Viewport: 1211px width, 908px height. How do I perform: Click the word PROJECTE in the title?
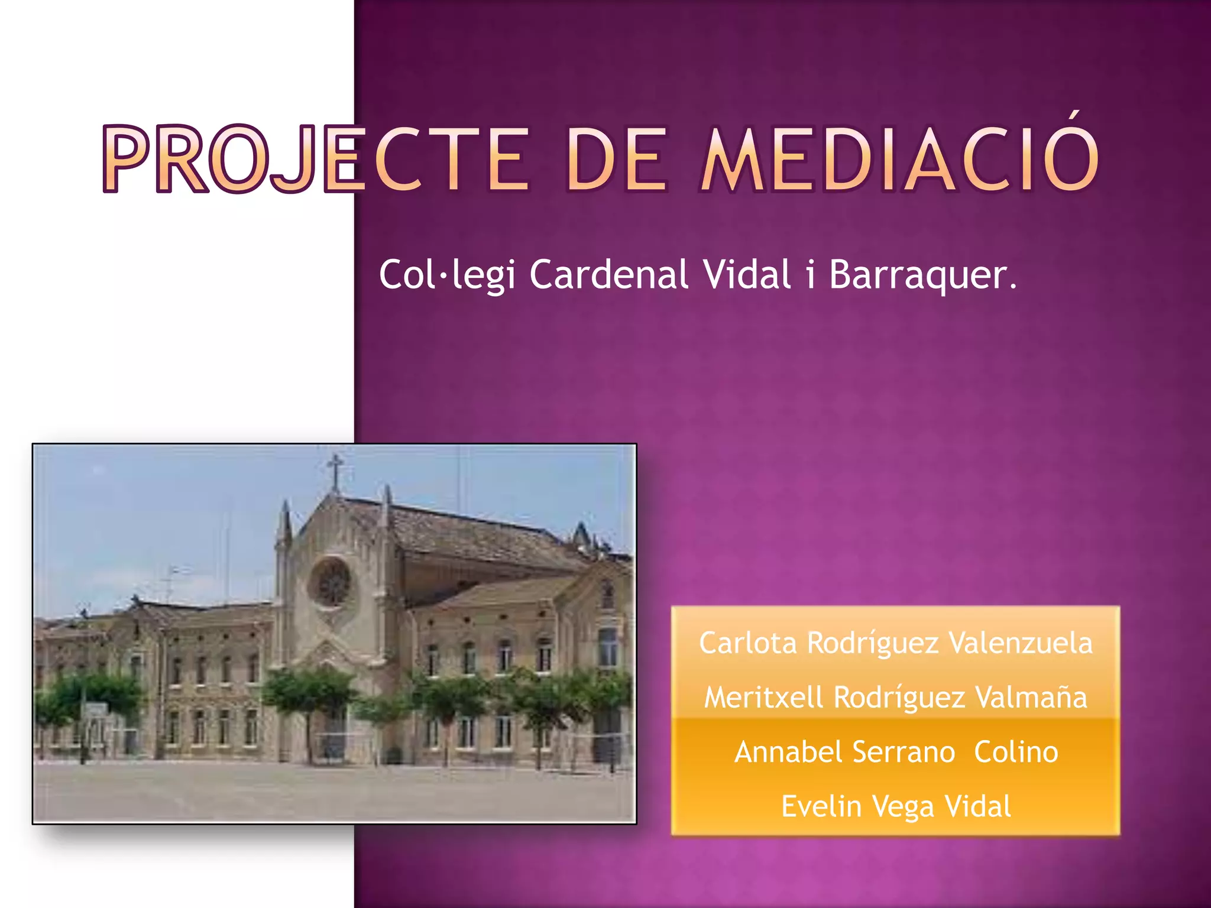[316, 160]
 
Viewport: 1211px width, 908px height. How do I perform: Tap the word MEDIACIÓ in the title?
[899, 160]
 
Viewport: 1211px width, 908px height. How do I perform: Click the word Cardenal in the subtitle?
[609, 275]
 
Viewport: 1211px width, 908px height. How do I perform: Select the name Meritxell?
[763, 698]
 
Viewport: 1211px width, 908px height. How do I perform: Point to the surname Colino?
[1016, 753]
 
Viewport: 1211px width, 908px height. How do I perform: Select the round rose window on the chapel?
[332, 582]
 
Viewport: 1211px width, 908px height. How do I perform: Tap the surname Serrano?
[904, 753]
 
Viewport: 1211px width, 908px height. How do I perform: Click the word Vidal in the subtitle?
[747, 275]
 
